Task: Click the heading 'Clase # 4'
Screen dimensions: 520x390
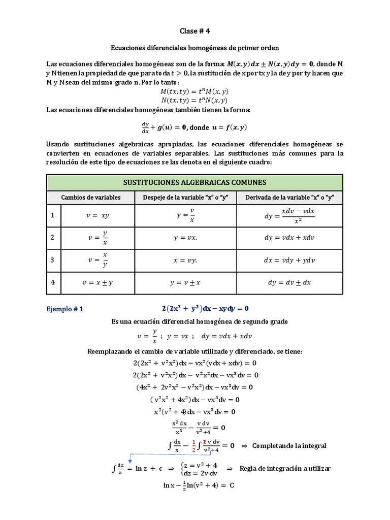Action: pyautogui.click(x=195, y=30)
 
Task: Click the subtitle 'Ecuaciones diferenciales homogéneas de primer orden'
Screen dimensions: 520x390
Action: pyautogui.click(x=195, y=47)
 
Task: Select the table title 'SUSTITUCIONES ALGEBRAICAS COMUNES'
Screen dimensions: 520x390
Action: pyautogui.click(x=194, y=182)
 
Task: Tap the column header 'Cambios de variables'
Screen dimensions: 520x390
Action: pyautogui.click(x=91, y=198)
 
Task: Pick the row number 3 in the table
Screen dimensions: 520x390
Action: pyautogui.click(x=52, y=260)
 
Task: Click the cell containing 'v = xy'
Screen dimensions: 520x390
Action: pyautogui.click(x=98, y=215)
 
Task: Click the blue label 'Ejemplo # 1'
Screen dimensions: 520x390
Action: pyautogui.click(x=64, y=308)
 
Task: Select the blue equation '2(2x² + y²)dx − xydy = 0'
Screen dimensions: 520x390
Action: pyautogui.click(x=206, y=308)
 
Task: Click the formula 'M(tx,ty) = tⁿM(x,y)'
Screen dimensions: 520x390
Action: pyautogui.click(x=194, y=91)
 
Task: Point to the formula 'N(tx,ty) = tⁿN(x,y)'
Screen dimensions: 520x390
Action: pyautogui.click(x=194, y=100)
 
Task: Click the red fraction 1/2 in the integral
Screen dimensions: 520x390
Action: pyautogui.click(x=193, y=445)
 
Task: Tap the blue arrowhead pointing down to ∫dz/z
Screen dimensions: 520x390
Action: pyautogui.click(x=130, y=460)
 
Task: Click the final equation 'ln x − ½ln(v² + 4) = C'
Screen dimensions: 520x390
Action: pyautogui.click(x=198, y=485)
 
